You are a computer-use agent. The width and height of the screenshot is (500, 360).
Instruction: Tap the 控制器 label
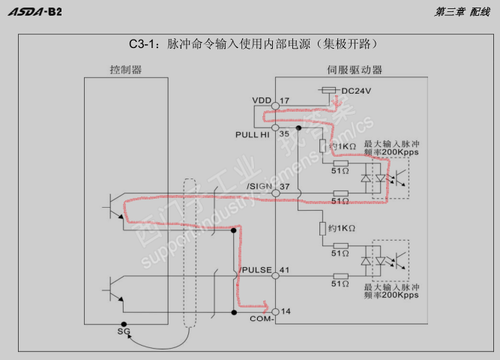pos(125,70)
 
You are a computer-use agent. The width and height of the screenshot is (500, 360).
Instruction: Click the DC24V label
pos(358,91)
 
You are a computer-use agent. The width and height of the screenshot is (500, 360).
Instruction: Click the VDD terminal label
pos(261,100)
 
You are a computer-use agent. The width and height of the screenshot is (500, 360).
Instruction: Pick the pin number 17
pos(284,100)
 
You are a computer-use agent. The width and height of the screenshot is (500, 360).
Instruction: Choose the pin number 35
pos(284,134)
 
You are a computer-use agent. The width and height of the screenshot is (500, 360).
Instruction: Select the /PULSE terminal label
pos(256,269)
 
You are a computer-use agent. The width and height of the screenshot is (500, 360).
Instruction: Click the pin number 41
pos(284,269)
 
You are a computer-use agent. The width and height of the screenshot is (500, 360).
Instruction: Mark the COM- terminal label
pos(261,319)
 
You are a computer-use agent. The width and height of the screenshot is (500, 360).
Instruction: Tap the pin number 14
pos(284,310)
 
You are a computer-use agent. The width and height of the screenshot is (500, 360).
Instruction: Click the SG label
pos(124,331)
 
